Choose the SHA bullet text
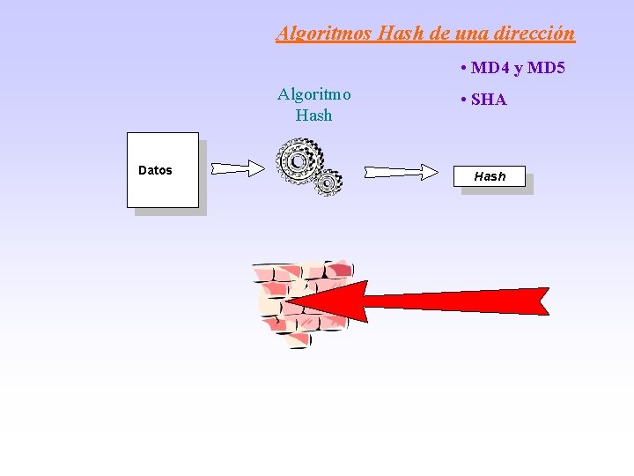(489, 100)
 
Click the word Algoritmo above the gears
(314, 94)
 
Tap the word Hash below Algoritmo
(314, 115)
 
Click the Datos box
(163, 190)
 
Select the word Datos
(156, 170)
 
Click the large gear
(299, 161)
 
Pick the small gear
(328, 183)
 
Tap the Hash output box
(490, 176)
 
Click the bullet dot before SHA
(462, 100)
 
